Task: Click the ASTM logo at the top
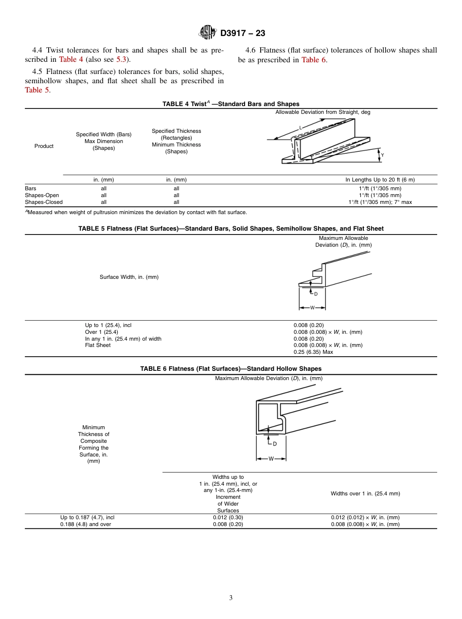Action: [207, 33]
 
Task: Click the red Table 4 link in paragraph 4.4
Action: [71, 60]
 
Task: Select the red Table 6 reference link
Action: [314, 60]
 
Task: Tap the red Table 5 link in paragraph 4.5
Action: [36, 90]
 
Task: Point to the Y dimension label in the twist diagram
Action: [382, 155]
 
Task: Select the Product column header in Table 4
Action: [44, 146]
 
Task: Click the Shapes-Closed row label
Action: [44, 202]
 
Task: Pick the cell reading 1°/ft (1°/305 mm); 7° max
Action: [380, 202]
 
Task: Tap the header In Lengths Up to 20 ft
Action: [380, 180]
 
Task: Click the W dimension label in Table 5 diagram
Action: [312, 308]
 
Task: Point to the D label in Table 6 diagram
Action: [275, 444]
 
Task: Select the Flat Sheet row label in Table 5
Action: [98, 345]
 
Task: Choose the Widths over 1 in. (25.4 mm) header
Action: [365, 493]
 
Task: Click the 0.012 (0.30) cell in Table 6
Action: [228, 517]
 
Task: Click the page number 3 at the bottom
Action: [231, 598]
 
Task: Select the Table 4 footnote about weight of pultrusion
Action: [136, 212]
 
